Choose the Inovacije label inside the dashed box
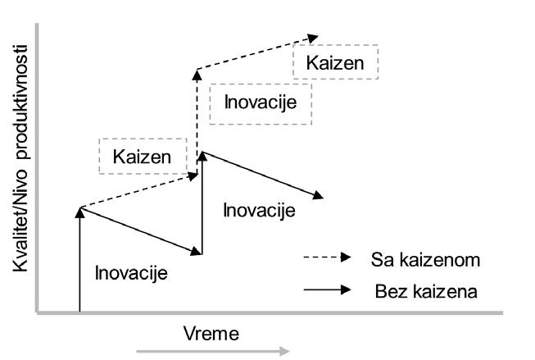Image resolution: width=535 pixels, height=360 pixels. click(260, 103)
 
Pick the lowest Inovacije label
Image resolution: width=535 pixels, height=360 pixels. click(132, 272)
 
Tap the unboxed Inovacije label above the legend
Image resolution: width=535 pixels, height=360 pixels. click(259, 210)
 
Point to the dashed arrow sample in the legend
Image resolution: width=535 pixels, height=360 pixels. click(326, 259)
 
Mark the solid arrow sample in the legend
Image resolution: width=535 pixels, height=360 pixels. click(326, 290)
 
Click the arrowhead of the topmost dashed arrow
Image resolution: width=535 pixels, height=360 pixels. click(313, 37)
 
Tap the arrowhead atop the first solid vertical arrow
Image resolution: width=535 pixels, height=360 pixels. click(80, 212)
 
